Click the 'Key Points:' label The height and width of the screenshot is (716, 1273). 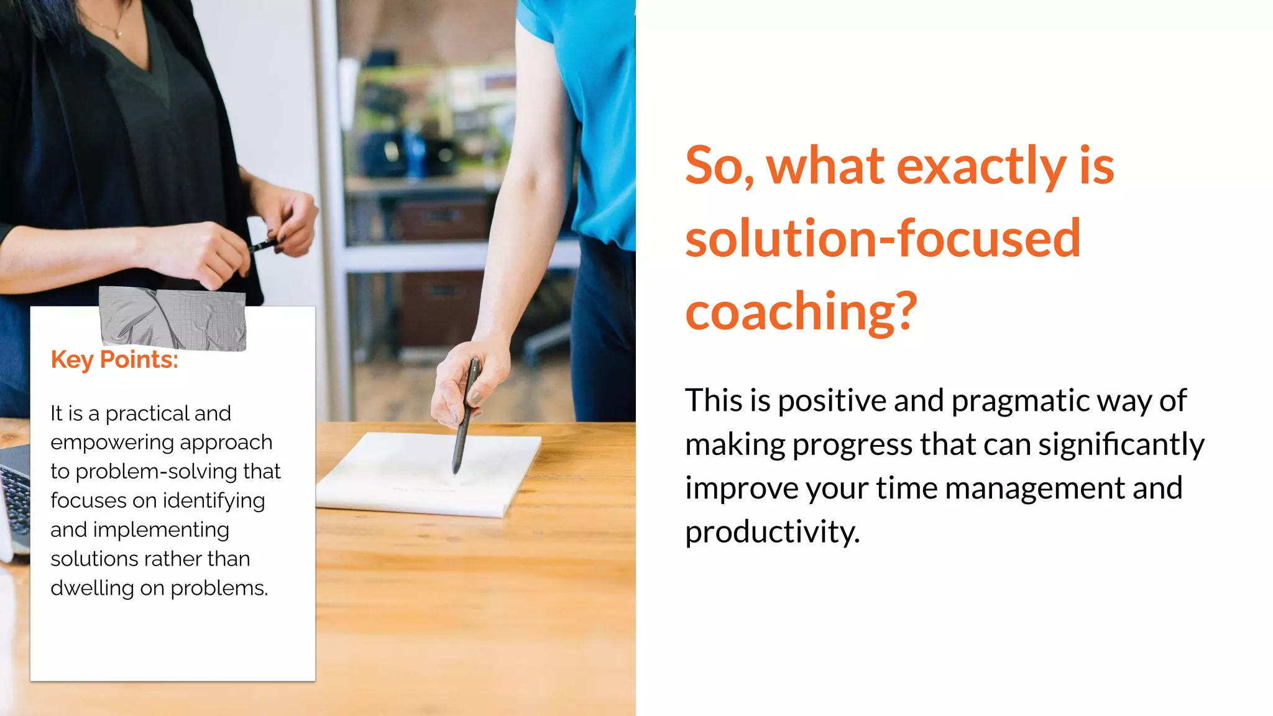click(x=114, y=360)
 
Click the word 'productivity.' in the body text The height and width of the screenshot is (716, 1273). click(x=772, y=532)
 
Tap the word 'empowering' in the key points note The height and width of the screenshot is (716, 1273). click(x=112, y=443)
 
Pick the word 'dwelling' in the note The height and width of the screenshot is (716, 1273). click(x=92, y=588)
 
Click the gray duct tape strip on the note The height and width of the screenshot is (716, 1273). click(x=173, y=318)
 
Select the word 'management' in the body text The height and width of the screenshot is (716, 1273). click(x=1035, y=489)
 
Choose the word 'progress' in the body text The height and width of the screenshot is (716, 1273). click(x=852, y=444)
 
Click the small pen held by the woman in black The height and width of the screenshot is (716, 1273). click(x=264, y=244)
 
